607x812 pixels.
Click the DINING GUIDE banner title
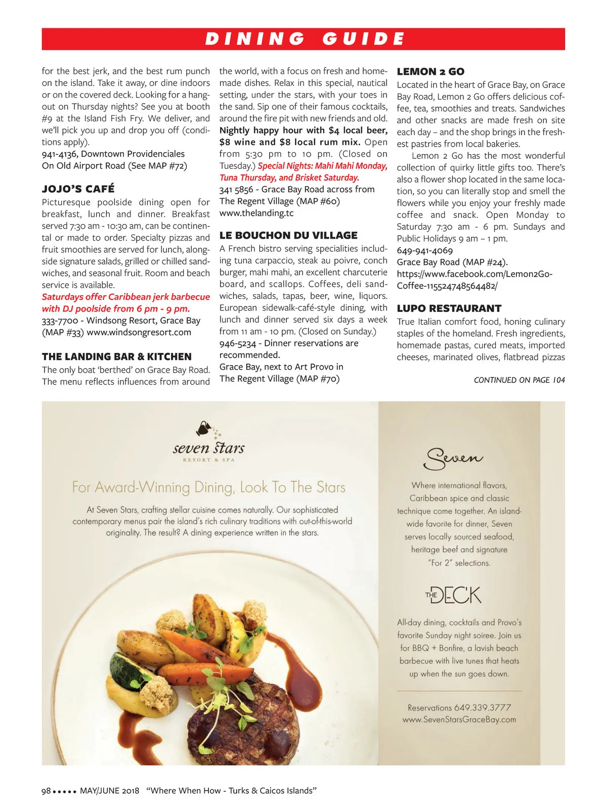click(305, 39)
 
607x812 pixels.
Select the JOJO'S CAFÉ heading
click(78, 189)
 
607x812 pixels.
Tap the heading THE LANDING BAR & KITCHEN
click(117, 356)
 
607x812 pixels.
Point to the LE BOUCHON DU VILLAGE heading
click(288, 235)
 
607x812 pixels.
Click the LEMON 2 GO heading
click(430, 72)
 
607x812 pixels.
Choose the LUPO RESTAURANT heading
click(449, 308)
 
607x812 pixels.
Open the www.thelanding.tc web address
click(256, 213)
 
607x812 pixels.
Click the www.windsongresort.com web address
click(139, 332)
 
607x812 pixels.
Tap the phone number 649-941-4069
click(425, 250)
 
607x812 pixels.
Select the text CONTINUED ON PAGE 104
click(519, 380)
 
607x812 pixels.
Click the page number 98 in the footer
click(46, 791)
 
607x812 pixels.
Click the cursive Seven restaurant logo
click(454, 458)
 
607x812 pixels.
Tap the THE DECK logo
click(454, 595)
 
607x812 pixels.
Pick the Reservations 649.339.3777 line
click(459, 707)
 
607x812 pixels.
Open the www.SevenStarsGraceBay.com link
click(459, 719)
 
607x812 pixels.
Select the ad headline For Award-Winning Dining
click(208, 487)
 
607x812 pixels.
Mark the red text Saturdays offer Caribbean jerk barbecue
click(125, 297)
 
